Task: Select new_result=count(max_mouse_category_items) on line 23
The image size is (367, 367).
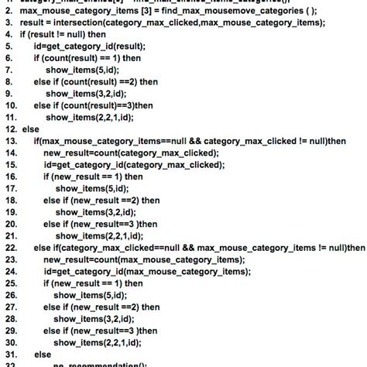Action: [x=144, y=259]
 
